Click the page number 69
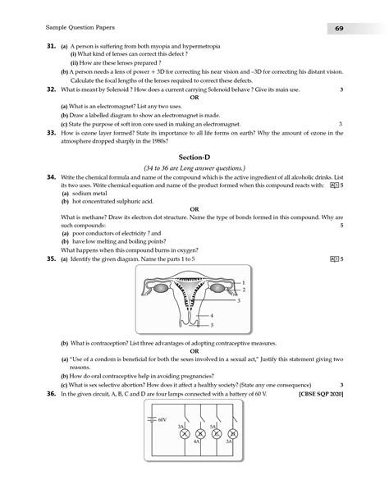click(338, 30)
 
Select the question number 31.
click(50, 48)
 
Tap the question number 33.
click(50, 132)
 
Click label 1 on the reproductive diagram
click(244, 281)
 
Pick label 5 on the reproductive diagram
click(212, 325)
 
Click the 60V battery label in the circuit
click(162, 418)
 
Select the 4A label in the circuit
click(197, 441)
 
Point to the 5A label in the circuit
click(212, 427)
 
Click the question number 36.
click(50, 395)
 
